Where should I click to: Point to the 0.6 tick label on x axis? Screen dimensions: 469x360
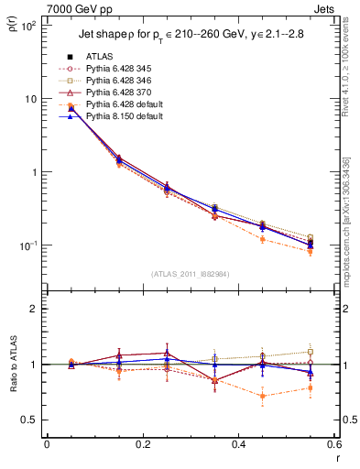334,445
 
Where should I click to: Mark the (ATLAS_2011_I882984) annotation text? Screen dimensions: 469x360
191,273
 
